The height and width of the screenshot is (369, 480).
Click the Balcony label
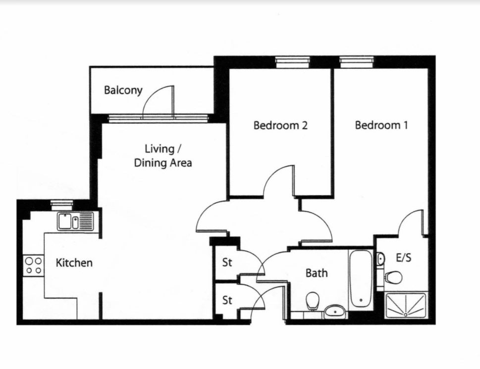tap(123, 90)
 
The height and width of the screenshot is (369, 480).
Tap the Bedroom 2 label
tap(280, 125)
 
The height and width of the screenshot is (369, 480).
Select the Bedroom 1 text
tap(381, 125)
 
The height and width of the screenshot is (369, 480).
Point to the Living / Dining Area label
tap(163, 156)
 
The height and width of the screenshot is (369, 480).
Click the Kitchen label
tap(74, 263)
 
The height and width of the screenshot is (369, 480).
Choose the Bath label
tap(317, 272)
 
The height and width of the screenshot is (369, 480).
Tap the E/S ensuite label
tap(404, 258)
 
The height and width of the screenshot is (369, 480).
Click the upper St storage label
tap(227, 262)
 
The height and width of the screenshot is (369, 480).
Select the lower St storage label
tap(227, 300)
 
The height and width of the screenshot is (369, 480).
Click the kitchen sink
tap(76, 221)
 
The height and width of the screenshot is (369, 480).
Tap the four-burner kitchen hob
tap(34, 265)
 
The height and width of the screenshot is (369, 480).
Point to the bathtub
tap(361, 278)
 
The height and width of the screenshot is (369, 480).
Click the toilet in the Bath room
tap(313, 301)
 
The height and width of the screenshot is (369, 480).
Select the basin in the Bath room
tap(335, 311)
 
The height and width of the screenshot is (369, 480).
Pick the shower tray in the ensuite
tap(406, 306)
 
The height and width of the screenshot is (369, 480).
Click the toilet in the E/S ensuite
tap(393, 277)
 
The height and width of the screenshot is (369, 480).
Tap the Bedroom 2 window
tap(292, 62)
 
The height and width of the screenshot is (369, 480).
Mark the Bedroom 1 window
tap(357, 62)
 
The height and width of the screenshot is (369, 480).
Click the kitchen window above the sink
tap(62, 205)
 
